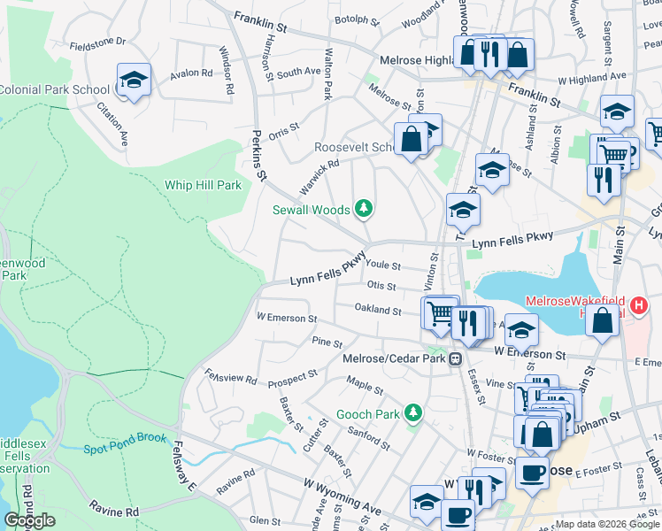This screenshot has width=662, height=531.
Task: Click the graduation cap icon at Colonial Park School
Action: pos(134,81)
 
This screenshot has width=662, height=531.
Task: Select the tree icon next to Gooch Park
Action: pos(412,413)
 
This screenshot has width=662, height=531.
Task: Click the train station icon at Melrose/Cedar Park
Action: pos(455,359)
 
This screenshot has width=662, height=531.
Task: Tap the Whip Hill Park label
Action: pos(203,186)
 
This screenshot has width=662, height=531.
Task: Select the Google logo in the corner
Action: pos(29,520)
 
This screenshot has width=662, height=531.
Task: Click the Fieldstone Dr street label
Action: pos(97,42)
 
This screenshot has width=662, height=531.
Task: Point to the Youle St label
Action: pos(383,265)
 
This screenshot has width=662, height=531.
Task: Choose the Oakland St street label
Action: pos(378,310)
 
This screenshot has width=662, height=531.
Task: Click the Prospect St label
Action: pos(291,378)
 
